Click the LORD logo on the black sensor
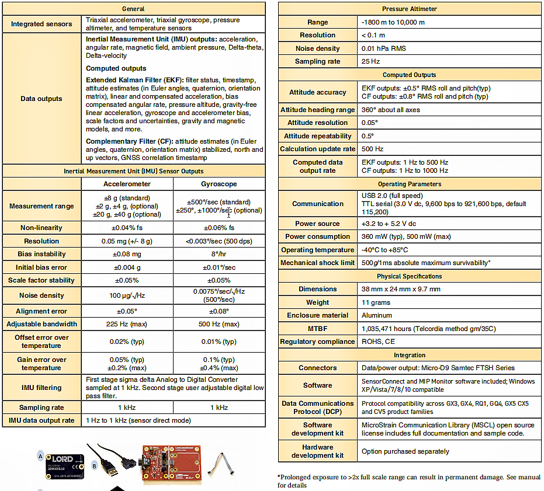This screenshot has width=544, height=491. click(63, 458)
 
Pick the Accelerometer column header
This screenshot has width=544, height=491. click(127, 184)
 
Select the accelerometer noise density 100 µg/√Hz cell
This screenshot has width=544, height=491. click(127, 295)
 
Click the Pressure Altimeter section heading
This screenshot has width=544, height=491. click(409, 9)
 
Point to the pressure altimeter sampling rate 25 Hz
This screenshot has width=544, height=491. click(370, 61)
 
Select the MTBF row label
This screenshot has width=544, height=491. click(317, 329)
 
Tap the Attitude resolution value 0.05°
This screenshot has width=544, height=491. click(370, 123)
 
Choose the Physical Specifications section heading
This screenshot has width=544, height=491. click(409, 276)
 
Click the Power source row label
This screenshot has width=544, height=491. click(317, 223)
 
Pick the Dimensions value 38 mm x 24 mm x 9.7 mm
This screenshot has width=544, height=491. click(401, 289)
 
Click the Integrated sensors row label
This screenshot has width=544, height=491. click(41, 24)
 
